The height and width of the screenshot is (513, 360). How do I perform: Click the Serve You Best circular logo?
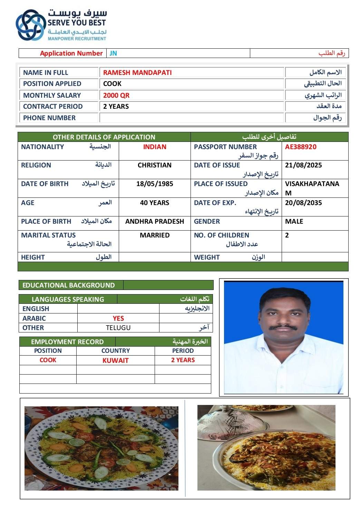point(31,25)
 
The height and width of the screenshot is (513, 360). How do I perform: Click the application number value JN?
point(113,53)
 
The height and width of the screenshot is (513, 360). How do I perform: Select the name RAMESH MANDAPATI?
point(137,72)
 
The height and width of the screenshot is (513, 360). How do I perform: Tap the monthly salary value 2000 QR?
point(116,95)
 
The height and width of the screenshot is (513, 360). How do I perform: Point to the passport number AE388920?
point(300,147)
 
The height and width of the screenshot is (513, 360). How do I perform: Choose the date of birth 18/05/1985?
point(155,184)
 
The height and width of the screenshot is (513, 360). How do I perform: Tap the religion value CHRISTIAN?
point(155,165)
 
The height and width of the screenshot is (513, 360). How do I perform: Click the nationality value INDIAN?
point(155,147)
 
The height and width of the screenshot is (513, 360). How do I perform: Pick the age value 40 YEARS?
point(155,203)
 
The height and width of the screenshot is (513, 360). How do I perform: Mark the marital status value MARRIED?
point(155,235)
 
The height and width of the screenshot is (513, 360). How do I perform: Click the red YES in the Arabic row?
point(118,318)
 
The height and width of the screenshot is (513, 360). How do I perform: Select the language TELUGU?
point(118,328)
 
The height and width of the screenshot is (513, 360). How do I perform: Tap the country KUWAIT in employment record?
point(115,360)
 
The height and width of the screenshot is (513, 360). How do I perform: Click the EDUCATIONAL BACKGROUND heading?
point(68,285)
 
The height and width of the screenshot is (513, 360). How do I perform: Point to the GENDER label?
point(207,221)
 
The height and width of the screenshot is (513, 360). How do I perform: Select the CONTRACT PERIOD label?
point(53,106)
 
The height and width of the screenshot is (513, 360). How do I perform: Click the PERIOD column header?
point(183,351)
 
